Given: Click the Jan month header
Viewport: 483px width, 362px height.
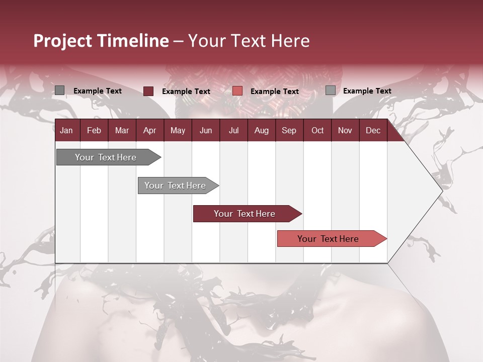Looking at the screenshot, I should coord(66,130).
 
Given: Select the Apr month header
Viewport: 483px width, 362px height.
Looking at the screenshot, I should coord(149,130).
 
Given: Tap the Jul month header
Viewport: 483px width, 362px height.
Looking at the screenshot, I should coord(233,130).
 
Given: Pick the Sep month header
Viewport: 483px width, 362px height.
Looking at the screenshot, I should coord(289,130).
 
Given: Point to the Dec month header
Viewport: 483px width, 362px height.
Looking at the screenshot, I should coord(373,130).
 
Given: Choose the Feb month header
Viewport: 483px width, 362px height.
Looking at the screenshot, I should coord(94,130).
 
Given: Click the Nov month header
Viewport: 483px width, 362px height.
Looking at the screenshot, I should coord(345,130).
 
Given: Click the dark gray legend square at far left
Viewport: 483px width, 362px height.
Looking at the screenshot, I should coord(59,90).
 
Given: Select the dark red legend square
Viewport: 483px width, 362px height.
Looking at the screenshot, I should coord(148,91).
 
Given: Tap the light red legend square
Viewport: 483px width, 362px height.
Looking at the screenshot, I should coord(237,91).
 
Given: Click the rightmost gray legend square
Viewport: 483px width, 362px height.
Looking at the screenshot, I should coord(331,90).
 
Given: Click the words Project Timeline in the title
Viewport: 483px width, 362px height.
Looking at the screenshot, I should coord(101,41).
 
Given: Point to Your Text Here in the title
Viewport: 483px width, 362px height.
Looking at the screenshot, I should coord(249,41).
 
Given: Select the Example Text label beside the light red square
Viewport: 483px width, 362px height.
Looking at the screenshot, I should coord(275,92).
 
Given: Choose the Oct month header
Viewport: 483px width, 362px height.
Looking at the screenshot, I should coord(317,130).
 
